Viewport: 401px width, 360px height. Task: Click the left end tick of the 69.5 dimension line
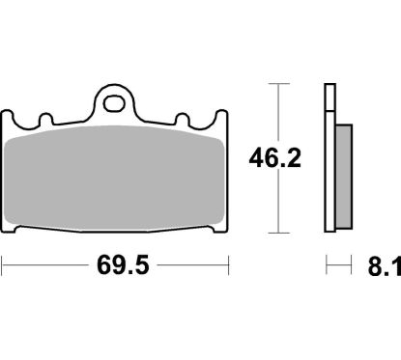[x=3, y=263]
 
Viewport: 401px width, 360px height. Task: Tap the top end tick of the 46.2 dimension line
[x=278, y=85]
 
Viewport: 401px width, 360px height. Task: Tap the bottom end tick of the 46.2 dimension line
[x=278, y=233]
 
